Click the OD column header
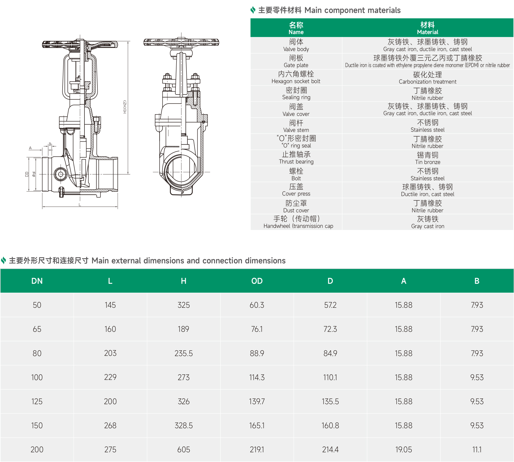257,281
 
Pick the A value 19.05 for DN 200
403,450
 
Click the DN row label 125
37,401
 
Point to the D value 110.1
330,377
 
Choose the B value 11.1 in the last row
477,450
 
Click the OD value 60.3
257,305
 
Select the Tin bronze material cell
428,158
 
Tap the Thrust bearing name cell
296,158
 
